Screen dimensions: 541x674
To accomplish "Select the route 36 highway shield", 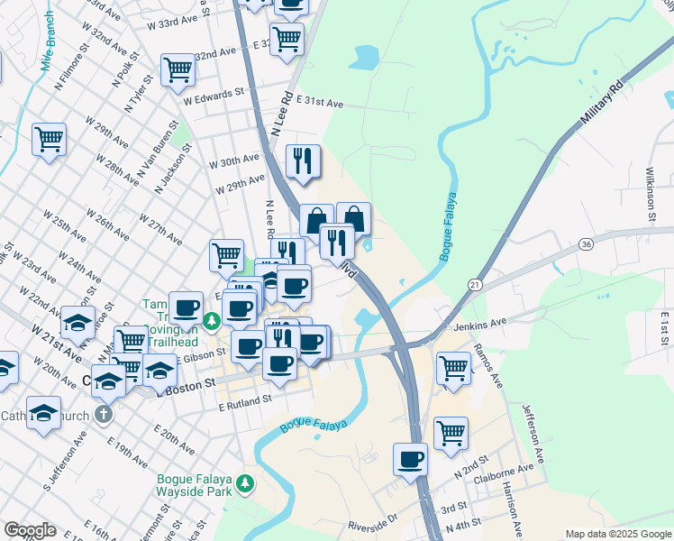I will [x=587, y=244].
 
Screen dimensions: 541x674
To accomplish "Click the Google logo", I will [x=30, y=530].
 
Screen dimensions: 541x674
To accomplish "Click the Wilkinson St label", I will [x=649, y=193].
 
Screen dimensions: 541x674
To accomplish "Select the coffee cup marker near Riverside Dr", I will [x=410, y=459].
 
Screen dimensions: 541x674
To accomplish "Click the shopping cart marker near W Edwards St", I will [x=178, y=69].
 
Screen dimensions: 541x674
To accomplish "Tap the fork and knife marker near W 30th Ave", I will [x=303, y=160].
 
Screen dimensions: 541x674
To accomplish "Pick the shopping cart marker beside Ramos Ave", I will [x=453, y=367].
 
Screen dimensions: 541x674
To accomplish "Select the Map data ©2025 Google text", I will [x=618, y=534].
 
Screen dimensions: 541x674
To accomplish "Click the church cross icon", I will [x=104, y=415].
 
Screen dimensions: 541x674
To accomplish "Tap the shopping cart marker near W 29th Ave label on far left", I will [x=50, y=139].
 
